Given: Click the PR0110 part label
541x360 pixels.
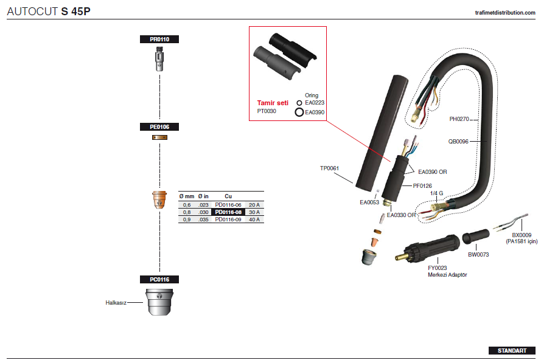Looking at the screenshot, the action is pyautogui.click(x=159, y=40).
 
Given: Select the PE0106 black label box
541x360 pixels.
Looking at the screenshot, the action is pyautogui.click(x=159, y=127).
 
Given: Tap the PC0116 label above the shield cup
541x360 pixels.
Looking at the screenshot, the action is pyautogui.click(x=159, y=280).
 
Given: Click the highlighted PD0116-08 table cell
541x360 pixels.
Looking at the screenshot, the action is pyautogui.click(x=228, y=212).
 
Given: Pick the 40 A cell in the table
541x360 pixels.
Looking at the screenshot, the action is pyautogui.click(x=254, y=220).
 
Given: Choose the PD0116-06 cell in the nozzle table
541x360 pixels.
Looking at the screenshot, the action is pyautogui.click(x=228, y=205).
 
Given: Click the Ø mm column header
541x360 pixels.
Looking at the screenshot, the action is pyautogui.click(x=187, y=196).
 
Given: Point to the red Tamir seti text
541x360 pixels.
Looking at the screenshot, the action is pyautogui.click(x=273, y=103).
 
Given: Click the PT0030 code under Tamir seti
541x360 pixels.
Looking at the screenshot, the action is pyautogui.click(x=267, y=111).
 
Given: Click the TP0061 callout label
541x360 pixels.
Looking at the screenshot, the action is pyautogui.click(x=329, y=168).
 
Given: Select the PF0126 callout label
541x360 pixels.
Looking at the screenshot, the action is pyautogui.click(x=422, y=186).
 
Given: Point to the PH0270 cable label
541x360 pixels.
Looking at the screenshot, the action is pyautogui.click(x=459, y=119).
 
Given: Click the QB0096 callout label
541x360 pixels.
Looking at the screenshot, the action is pyautogui.click(x=458, y=141).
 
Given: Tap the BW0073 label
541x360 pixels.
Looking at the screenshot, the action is pyautogui.click(x=478, y=254).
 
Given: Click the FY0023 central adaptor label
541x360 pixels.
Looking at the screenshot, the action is pyautogui.click(x=437, y=268).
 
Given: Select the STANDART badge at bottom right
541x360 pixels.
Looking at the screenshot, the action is pyautogui.click(x=512, y=351).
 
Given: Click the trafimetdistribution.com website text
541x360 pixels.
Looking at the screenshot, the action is pyautogui.click(x=505, y=13).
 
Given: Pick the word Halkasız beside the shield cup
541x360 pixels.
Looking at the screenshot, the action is pyautogui.click(x=116, y=303).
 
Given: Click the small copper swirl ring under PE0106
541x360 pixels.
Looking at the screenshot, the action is pyautogui.click(x=159, y=137).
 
